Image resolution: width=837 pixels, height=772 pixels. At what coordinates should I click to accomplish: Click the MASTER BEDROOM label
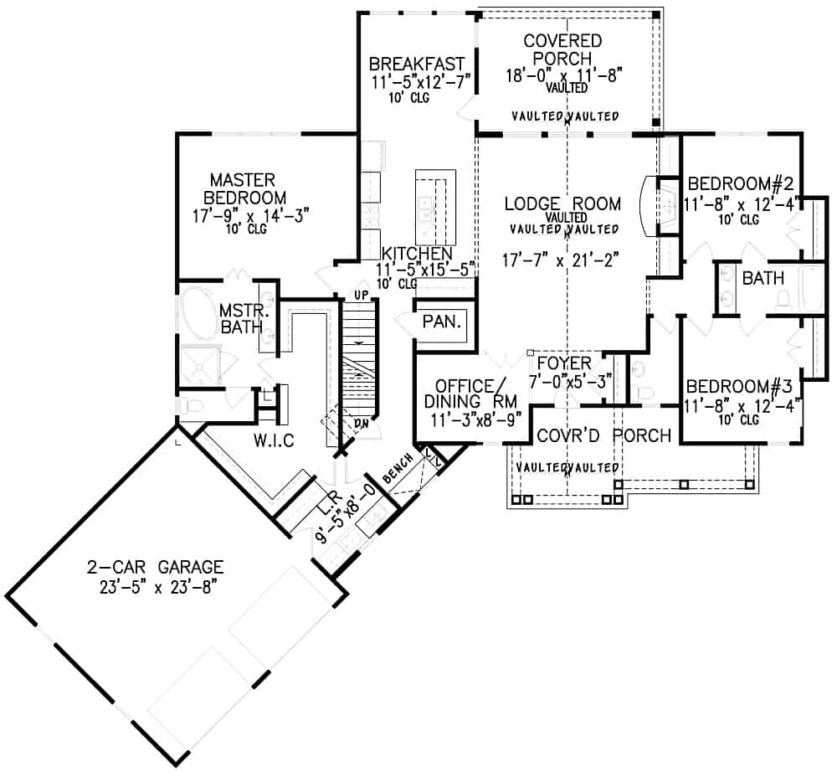click(243, 188)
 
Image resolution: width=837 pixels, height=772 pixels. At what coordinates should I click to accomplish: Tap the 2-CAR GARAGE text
click(155, 567)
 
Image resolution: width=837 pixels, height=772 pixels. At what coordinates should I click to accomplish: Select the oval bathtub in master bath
click(198, 311)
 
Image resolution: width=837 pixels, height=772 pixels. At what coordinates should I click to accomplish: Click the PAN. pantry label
click(439, 322)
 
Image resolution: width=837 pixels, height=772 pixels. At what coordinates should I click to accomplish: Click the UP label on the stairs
click(362, 296)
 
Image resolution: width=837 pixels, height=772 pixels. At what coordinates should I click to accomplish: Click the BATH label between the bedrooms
click(763, 277)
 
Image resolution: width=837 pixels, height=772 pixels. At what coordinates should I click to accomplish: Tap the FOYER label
click(564, 363)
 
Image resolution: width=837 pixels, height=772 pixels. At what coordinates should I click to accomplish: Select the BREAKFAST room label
click(417, 64)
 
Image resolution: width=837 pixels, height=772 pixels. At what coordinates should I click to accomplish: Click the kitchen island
click(436, 203)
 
